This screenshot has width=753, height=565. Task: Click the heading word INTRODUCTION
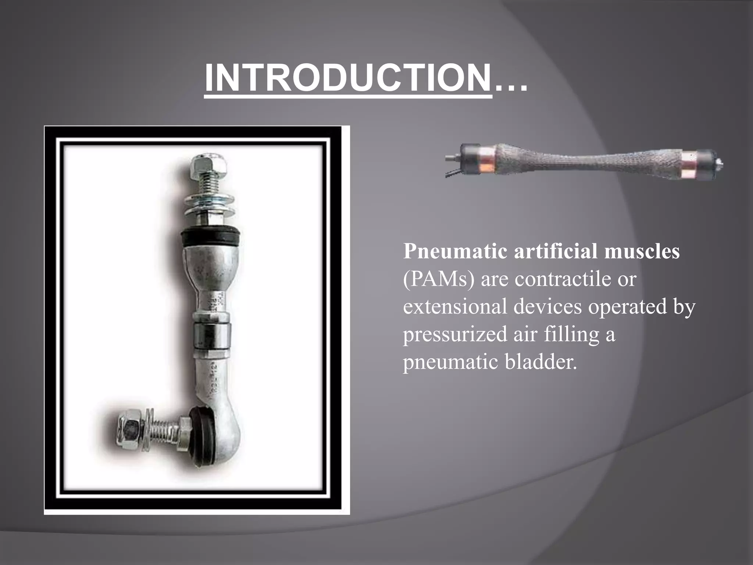pyautogui.click(x=348, y=78)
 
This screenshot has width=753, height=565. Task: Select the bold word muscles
pyautogui.click(x=642, y=252)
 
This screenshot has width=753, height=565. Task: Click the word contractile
pyautogui.click(x=563, y=279)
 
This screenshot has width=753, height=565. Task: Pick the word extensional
pyautogui.click(x=455, y=306)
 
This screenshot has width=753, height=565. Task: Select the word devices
pyautogui.click(x=547, y=306)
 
